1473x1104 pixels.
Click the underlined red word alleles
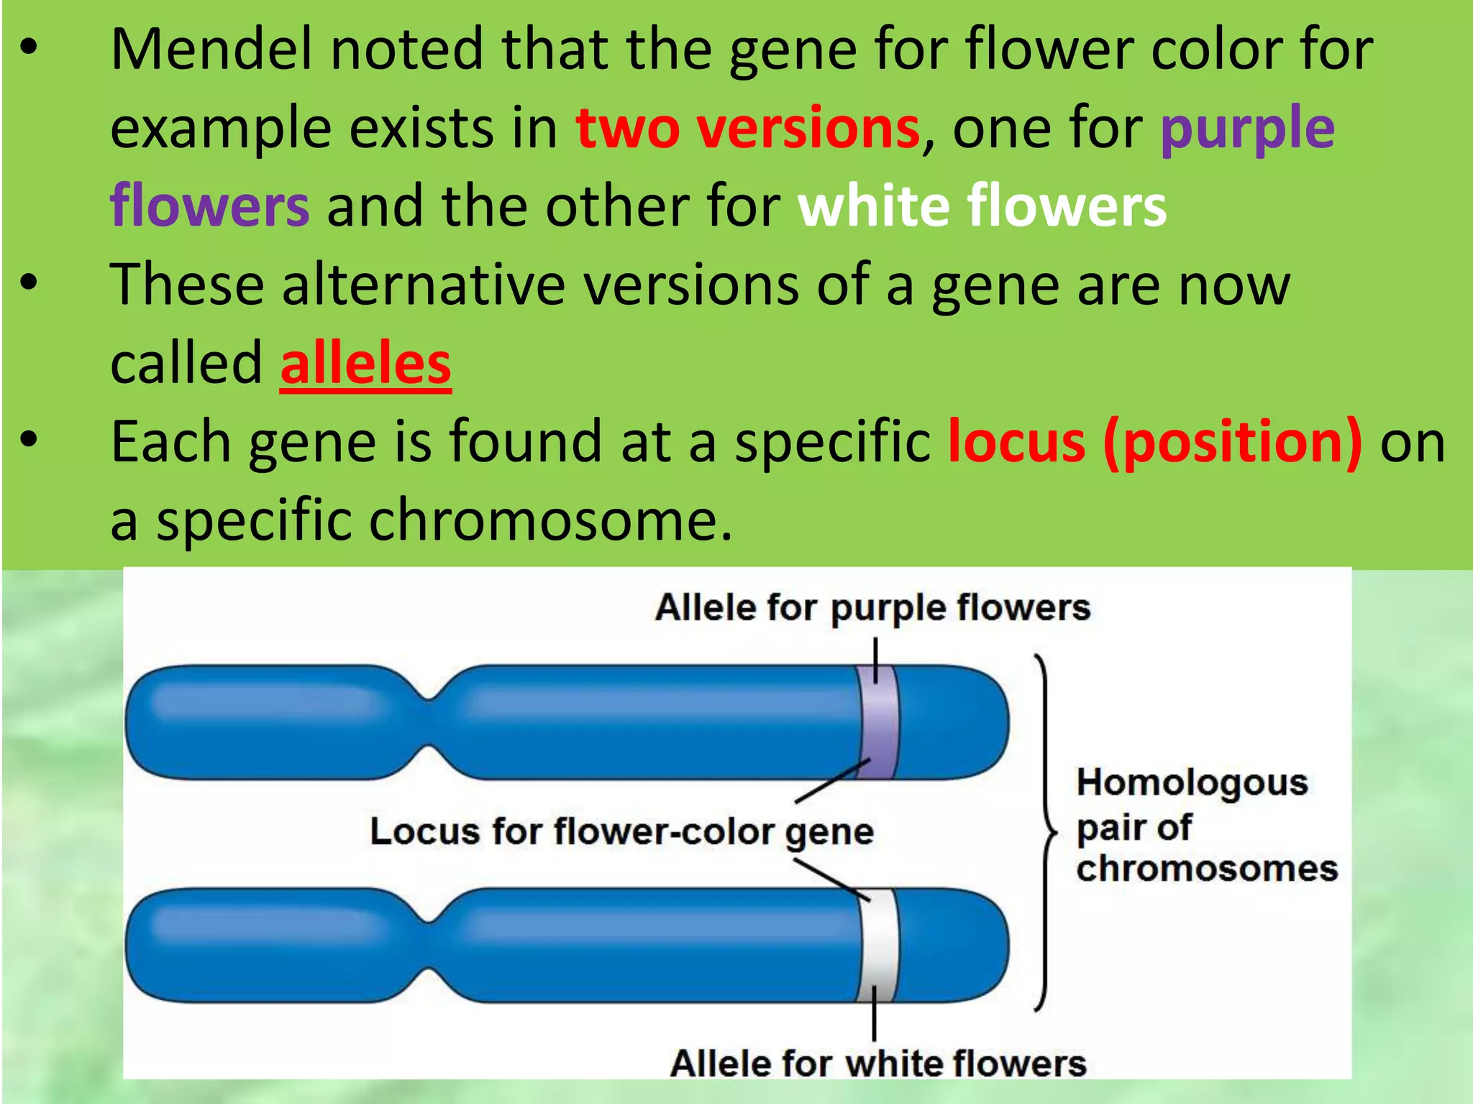(x=365, y=364)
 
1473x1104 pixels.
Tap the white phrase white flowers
(x=982, y=206)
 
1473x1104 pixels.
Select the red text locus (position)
(x=1154, y=441)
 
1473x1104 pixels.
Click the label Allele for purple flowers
(x=872, y=608)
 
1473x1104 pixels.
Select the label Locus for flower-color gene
(x=621, y=832)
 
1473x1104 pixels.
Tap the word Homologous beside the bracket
(x=1192, y=783)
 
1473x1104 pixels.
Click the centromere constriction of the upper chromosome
(x=429, y=722)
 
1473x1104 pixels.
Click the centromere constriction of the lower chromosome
(x=429, y=945)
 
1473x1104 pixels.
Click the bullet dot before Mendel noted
(x=28, y=48)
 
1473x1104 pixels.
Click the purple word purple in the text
(x=1247, y=129)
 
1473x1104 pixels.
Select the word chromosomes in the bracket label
(x=1207, y=869)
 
